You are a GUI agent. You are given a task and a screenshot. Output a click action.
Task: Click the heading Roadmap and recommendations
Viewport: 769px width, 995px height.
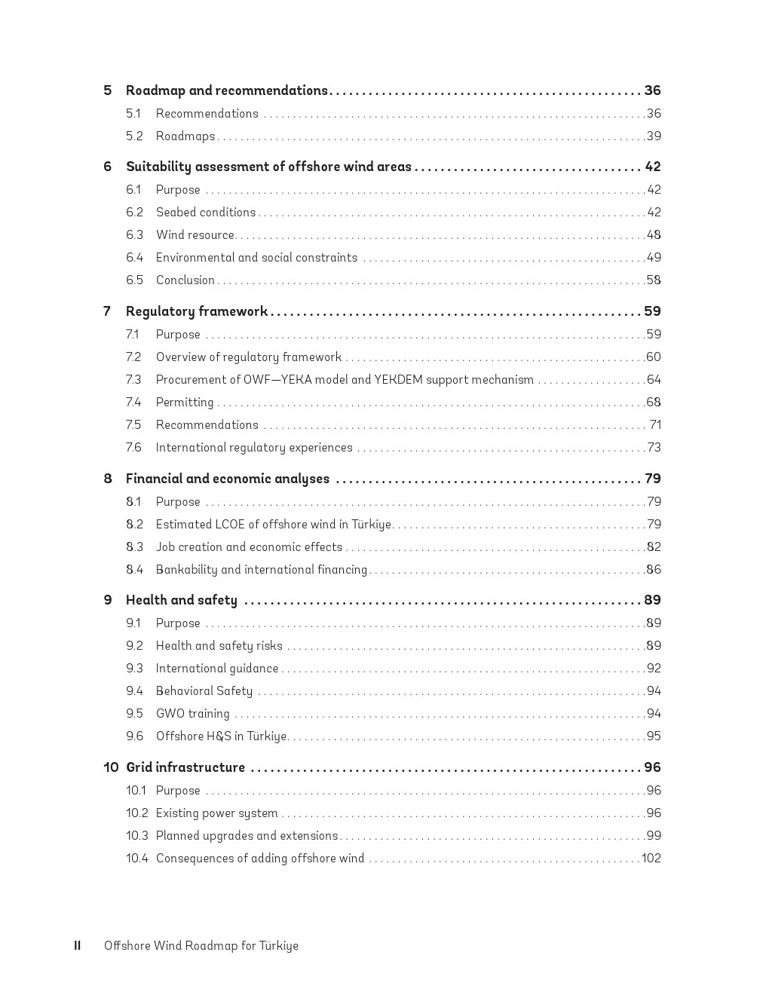click(x=226, y=90)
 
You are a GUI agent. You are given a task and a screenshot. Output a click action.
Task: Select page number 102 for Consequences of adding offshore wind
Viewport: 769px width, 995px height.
click(x=651, y=859)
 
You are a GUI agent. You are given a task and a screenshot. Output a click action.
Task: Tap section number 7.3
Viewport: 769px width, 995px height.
click(x=133, y=380)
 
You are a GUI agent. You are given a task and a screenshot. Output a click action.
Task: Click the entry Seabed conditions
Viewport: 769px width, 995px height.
click(x=206, y=213)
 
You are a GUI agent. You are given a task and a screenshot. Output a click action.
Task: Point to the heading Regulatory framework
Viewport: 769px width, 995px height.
click(x=196, y=311)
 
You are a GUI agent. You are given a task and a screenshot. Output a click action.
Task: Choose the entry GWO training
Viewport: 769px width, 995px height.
click(x=192, y=714)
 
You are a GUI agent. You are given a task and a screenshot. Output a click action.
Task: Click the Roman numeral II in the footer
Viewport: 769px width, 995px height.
click(x=77, y=946)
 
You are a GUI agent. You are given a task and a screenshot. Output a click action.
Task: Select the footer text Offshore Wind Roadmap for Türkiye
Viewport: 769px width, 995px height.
click(x=201, y=946)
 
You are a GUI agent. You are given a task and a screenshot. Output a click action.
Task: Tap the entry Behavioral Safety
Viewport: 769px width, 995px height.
click(x=204, y=691)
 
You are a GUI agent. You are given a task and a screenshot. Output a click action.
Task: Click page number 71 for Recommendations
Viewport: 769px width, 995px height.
click(x=655, y=425)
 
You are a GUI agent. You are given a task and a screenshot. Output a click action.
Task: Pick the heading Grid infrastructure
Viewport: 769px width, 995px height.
click(x=185, y=767)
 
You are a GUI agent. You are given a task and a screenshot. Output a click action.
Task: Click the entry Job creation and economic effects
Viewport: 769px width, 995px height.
click(x=249, y=547)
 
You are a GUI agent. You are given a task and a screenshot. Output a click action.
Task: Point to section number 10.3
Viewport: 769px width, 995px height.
click(x=136, y=836)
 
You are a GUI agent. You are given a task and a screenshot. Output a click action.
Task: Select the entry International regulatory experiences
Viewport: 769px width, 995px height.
click(x=254, y=448)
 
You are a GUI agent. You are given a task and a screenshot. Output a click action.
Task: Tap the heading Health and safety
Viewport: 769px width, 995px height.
click(x=181, y=600)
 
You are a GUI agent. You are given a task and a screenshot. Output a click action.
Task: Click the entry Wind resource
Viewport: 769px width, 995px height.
click(x=195, y=235)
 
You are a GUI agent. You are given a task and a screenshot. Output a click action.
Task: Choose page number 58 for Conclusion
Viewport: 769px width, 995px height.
click(x=654, y=280)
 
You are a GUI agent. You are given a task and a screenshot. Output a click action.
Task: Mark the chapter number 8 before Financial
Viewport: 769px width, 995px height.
click(x=108, y=479)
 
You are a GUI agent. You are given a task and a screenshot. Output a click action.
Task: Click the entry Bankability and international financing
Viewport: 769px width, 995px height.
click(x=261, y=570)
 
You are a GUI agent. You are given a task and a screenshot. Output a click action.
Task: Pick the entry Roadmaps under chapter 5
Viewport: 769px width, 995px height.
click(x=185, y=136)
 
